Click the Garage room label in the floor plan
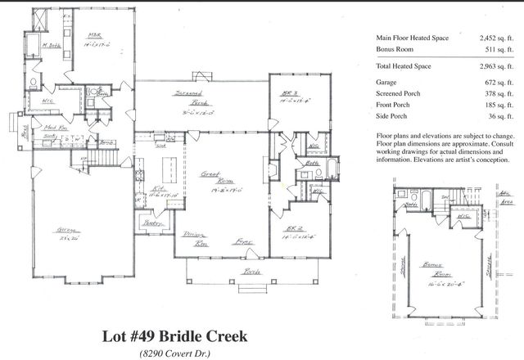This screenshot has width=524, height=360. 58,230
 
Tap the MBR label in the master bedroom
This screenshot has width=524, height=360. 94,35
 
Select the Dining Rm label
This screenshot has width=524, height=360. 194,239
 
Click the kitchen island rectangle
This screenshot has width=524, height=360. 171,170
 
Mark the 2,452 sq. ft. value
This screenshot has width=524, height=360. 493,38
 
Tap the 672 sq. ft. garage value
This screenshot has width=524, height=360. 496,82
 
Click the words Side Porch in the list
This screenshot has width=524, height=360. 394,120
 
